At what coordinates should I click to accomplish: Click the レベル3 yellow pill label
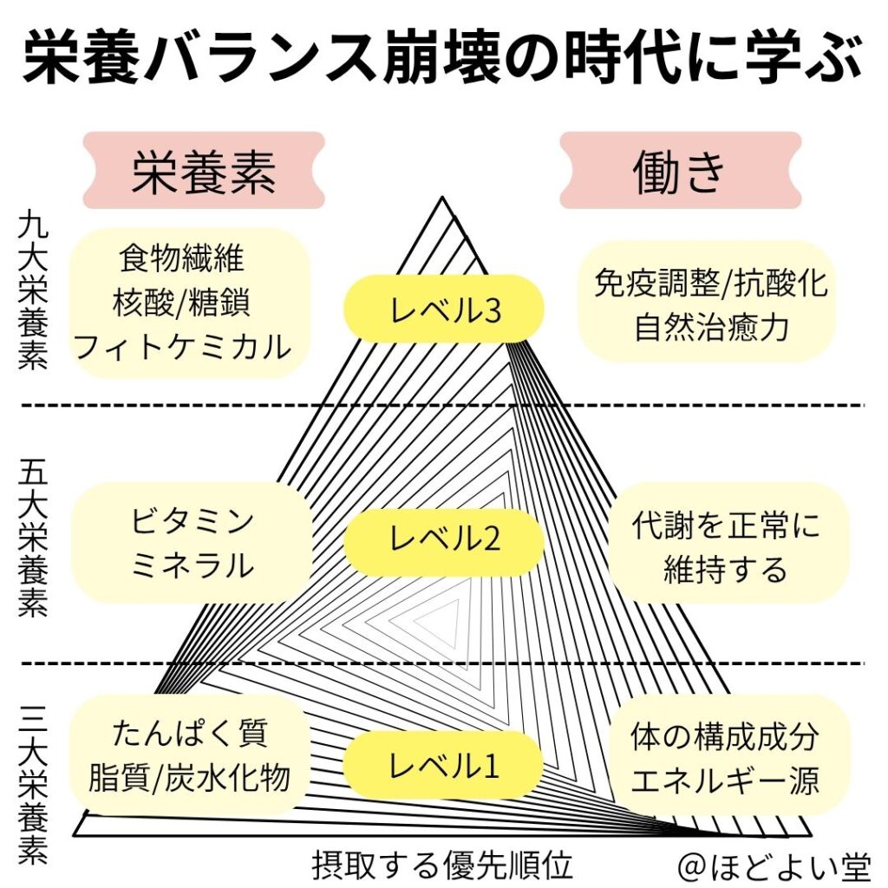444,309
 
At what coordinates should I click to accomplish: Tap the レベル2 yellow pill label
444,539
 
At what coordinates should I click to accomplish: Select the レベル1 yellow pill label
444,764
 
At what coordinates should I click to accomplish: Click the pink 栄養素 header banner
204,171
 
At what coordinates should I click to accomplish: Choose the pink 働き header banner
680,171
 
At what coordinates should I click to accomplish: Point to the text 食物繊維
181,258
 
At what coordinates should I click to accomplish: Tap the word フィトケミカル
181,347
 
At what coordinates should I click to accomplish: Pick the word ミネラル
193,566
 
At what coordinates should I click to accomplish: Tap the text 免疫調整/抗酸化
711,284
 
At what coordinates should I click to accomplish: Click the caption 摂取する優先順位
442,864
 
